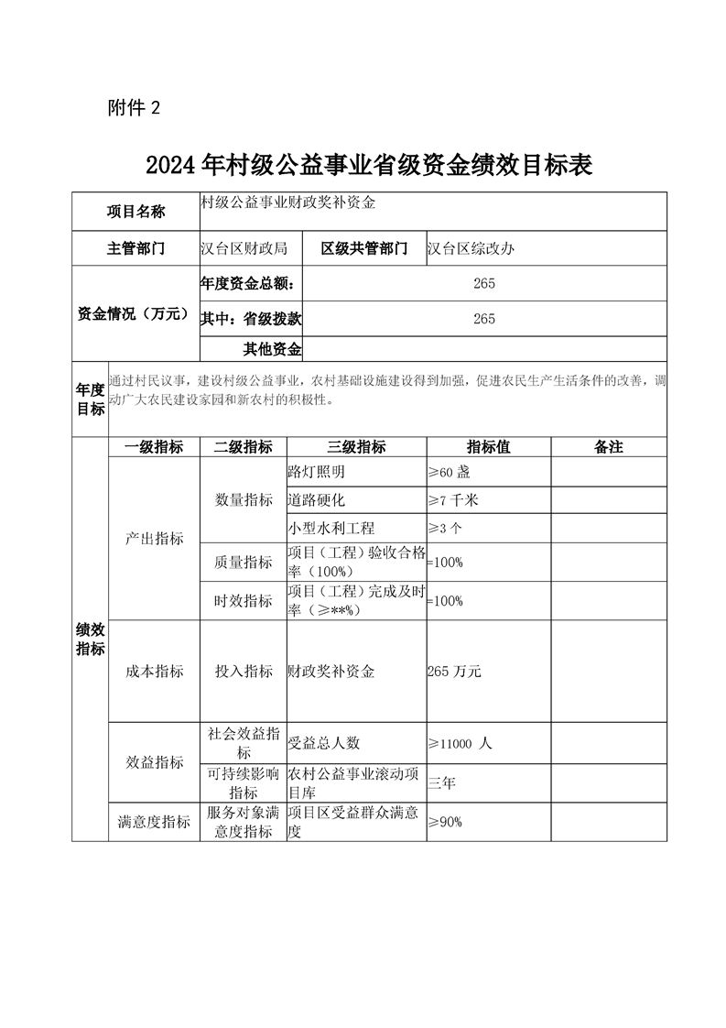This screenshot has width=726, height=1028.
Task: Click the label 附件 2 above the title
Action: click(134, 108)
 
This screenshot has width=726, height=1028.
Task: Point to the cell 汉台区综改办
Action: click(471, 248)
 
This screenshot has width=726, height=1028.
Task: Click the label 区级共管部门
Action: click(364, 248)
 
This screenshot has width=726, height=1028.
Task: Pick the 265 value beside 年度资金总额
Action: click(484, 284)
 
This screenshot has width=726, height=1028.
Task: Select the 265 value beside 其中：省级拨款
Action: click(484, 319)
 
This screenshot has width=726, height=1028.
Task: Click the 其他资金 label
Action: click(272, 348)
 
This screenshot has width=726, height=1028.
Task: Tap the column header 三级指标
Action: click(356, 447)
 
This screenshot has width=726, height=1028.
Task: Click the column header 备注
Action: click(608, 447)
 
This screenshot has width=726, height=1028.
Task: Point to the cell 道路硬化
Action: click(317, 500)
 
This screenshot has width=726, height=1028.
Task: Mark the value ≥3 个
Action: click(445, 529)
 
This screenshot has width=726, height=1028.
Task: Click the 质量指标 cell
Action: click(244, 563)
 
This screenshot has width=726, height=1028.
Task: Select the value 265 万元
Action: click(454, 672)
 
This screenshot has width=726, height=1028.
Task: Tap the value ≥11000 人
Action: click(460, 744)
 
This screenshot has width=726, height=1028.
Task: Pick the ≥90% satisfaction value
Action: click(445, 822)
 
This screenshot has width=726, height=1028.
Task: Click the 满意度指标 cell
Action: click(154, 822)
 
